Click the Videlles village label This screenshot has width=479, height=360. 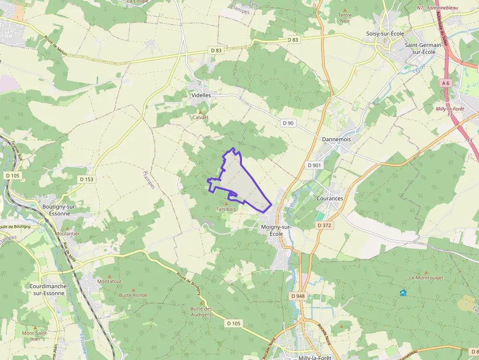coord(201,95)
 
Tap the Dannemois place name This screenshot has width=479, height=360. coord(336,139)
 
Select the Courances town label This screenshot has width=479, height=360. coord(330,199)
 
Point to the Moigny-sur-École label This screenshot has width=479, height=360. coord(276,231)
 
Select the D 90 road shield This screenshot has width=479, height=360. coord(288,123)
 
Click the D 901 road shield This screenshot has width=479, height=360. coord(315,165)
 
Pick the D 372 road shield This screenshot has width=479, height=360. coord(324,225)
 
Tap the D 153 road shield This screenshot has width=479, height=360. coord(87,179)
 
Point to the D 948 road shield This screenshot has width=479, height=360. coord(298,296)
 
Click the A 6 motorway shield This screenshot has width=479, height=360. coord(445,83)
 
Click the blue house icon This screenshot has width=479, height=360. coord(403,293)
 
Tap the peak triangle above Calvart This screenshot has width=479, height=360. coord(200,112)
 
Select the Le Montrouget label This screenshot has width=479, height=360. coord(425,277)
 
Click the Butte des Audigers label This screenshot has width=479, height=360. coord(201,312)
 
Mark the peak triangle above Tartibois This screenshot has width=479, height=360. coord(226,203)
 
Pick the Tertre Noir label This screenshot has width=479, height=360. coord(345,18)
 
